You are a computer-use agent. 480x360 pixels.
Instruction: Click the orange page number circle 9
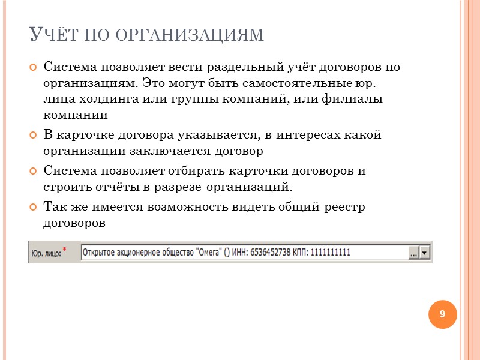442,314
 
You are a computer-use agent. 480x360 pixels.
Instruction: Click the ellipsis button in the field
413,253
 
